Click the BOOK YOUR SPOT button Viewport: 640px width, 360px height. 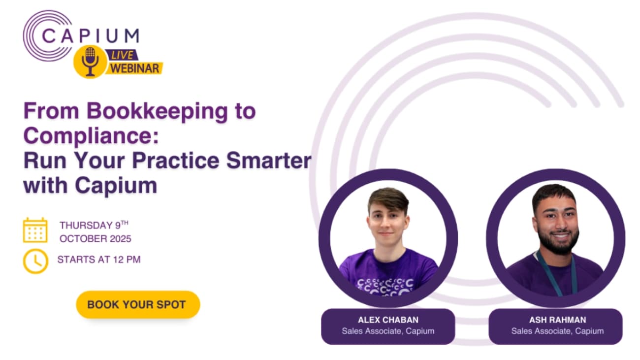pyautogui.click(x=137, y=304)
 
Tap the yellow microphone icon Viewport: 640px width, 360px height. pyautogui.click(x=90, y=61)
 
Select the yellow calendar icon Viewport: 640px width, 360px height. pyautogui.click(x=35, y=230)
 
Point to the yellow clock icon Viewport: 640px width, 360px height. pyautogui.click(x=35, y=261)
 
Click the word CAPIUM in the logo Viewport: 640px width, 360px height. pyautogui.click(x=90, y=36)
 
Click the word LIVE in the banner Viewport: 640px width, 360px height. pyautogui.click(x=122, y=55)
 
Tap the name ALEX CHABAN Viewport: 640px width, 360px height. pyautogui.click(x=388, y=320)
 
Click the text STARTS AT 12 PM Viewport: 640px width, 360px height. pyautogui.click(x=99, y=260)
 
